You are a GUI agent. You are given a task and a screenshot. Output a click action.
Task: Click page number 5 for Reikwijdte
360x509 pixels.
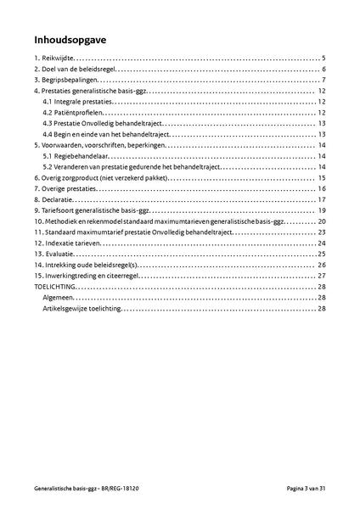pos(324,58)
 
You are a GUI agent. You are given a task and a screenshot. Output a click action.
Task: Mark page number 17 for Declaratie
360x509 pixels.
pos(323,200)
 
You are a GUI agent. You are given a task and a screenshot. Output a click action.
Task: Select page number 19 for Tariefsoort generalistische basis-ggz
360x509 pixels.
pos(323,210)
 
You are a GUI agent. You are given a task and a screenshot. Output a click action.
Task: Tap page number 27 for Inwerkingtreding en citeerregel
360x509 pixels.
pos(323,276)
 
